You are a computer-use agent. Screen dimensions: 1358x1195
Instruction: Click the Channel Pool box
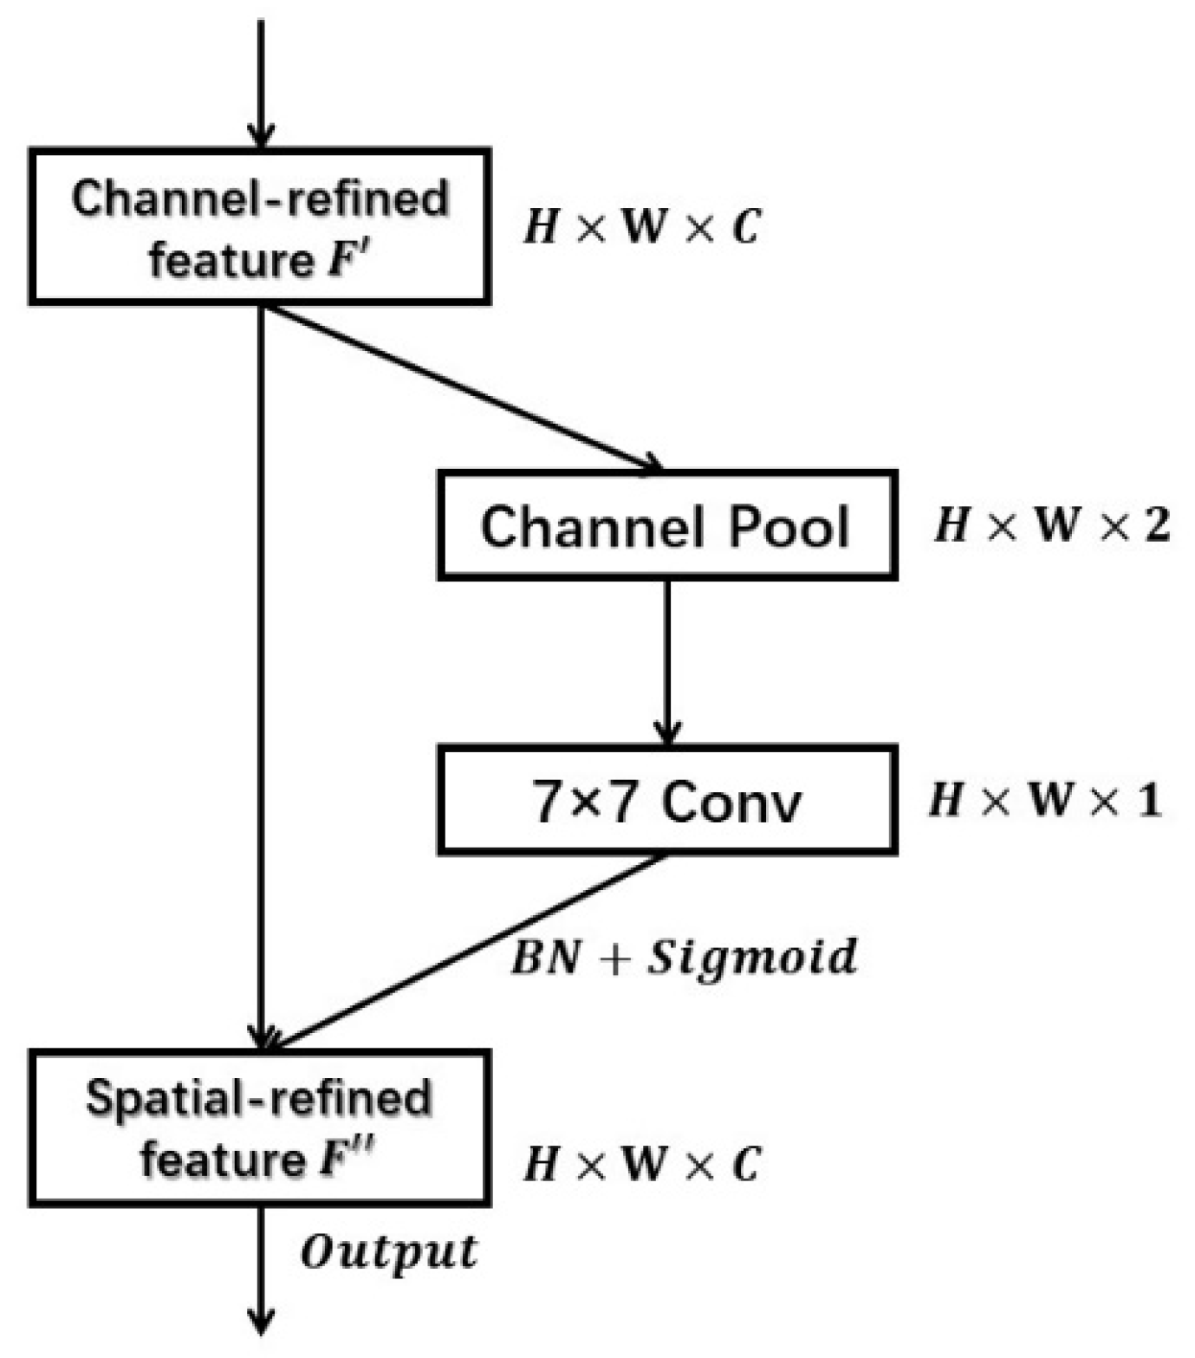tap(666, 525)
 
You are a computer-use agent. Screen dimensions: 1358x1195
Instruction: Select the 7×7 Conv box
tap(666, 800)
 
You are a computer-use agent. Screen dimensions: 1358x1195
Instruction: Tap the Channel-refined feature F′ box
tap(260, 227)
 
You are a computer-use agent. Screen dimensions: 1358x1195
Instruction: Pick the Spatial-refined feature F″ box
tap(260, 1127)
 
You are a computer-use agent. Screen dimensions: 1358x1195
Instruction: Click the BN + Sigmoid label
tap(684, 958)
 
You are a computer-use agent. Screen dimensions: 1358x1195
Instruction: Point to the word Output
tap(388, 1253)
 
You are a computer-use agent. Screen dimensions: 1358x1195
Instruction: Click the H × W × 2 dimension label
tap(1051, 525)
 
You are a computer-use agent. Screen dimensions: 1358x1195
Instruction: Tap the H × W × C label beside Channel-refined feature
tap(641, 228)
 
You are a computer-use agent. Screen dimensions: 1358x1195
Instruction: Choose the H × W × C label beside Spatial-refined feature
tap(641, 1164)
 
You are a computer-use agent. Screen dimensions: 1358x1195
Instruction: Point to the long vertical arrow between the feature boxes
tap(261, 676)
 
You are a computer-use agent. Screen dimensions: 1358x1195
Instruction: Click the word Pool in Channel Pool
tap(788, 526)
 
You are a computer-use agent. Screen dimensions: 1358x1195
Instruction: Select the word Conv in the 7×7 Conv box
tap(731, 801)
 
